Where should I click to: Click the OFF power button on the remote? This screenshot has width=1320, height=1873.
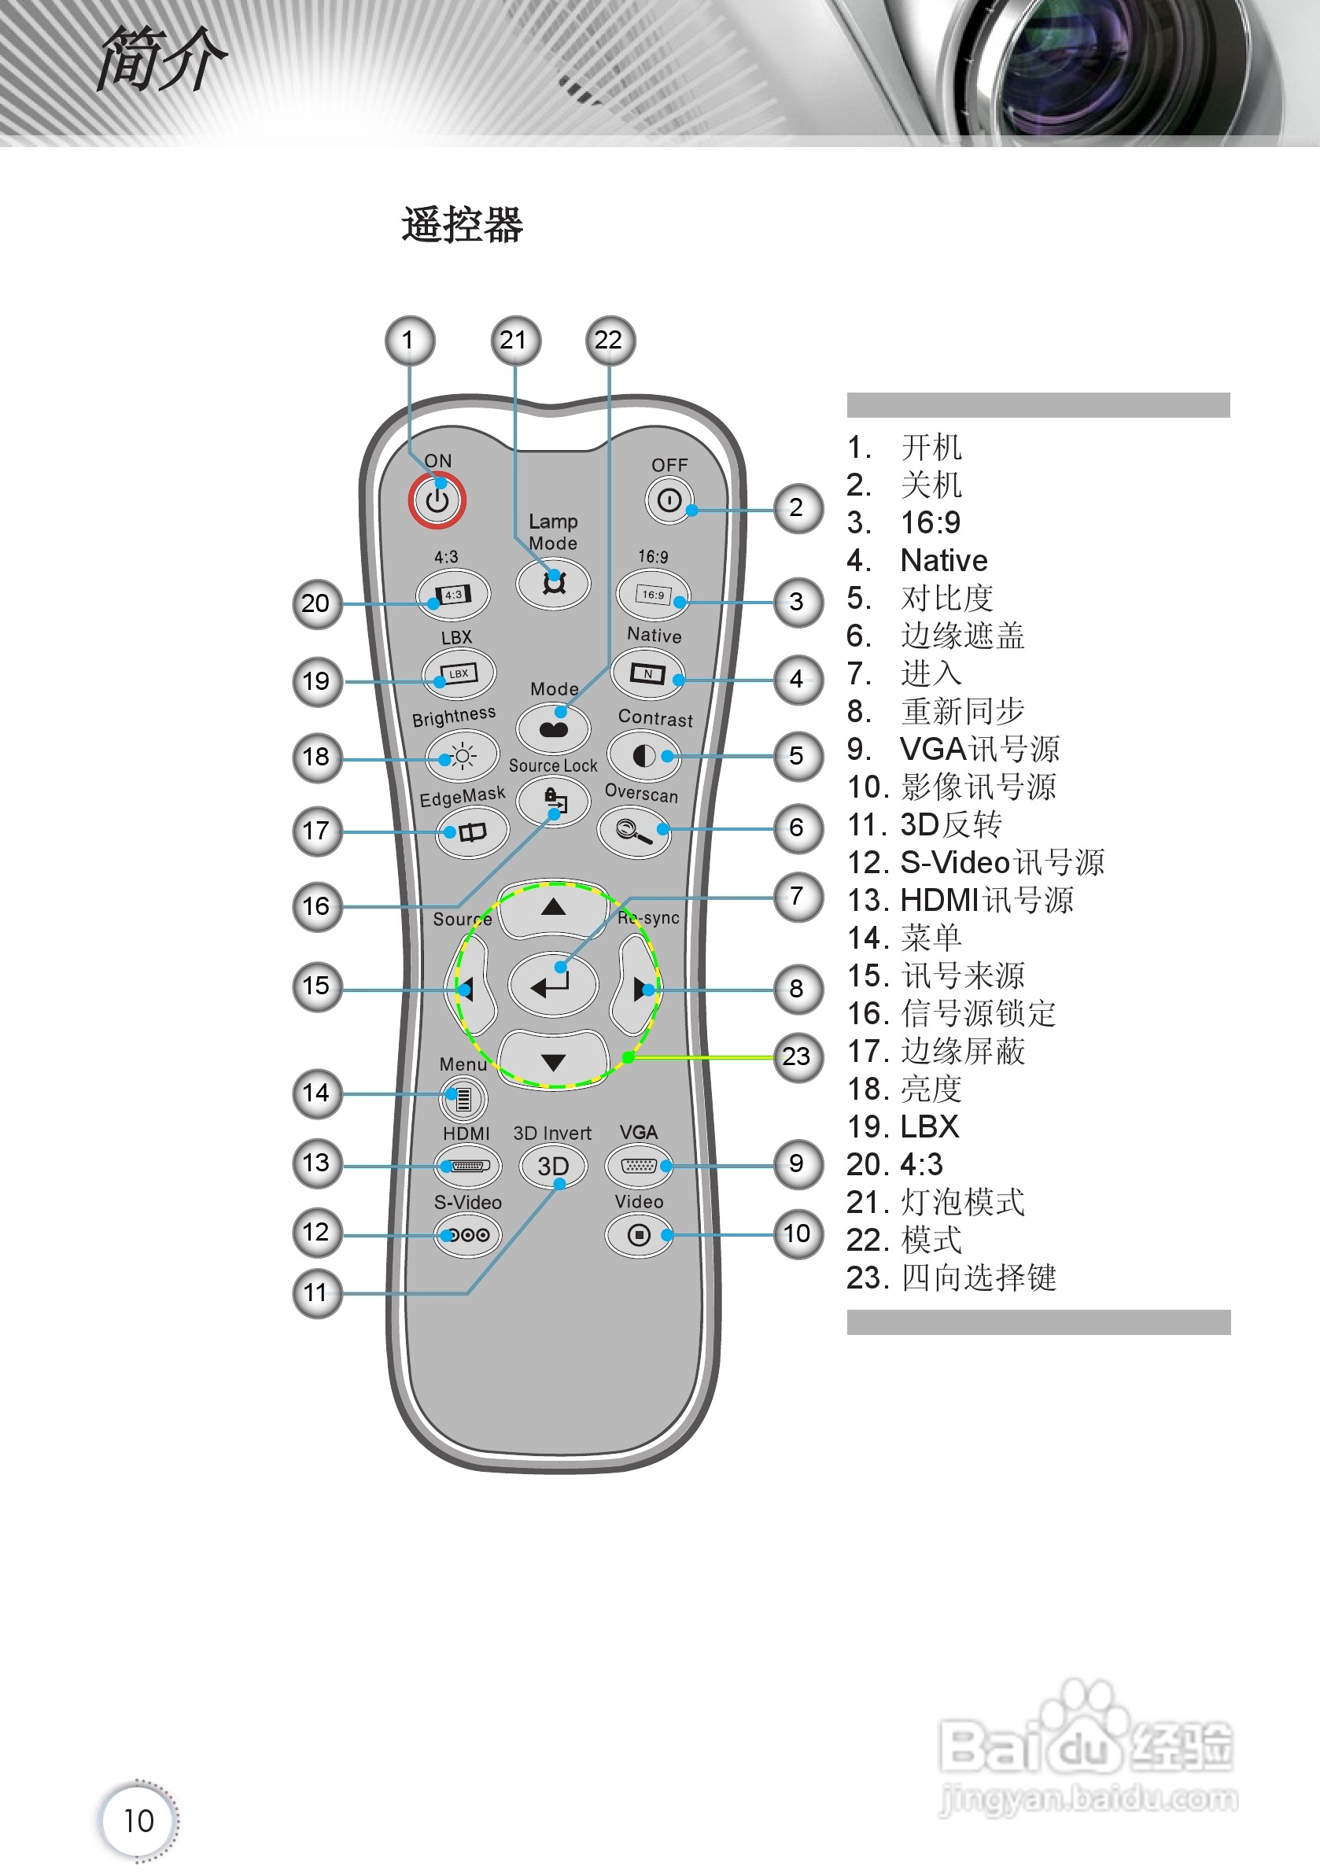tap(669, 500)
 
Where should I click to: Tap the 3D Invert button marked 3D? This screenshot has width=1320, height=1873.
tap(552, 1166)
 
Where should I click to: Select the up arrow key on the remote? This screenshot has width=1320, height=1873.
tap(553, 908)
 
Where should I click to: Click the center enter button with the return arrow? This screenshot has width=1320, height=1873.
tap(552, 985)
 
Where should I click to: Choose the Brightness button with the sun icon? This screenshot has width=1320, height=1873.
tap(462, 756)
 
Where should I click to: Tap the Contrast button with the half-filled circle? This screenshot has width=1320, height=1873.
tap(643, 756)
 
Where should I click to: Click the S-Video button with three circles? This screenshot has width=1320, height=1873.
tap(467, 1234)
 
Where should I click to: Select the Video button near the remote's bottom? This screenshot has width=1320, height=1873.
tap(639, 1235)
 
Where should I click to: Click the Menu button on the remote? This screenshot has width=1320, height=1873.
tap(463, 1099)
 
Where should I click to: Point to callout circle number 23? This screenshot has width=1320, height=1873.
tap(797, 1057)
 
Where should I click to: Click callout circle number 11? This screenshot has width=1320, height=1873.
tap(316, 1293)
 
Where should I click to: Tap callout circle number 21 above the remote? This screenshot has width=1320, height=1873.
tap(514, 340)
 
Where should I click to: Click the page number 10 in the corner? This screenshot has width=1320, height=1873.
tap(138, 1820)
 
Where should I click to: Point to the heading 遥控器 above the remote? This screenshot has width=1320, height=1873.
tap(462, 225)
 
